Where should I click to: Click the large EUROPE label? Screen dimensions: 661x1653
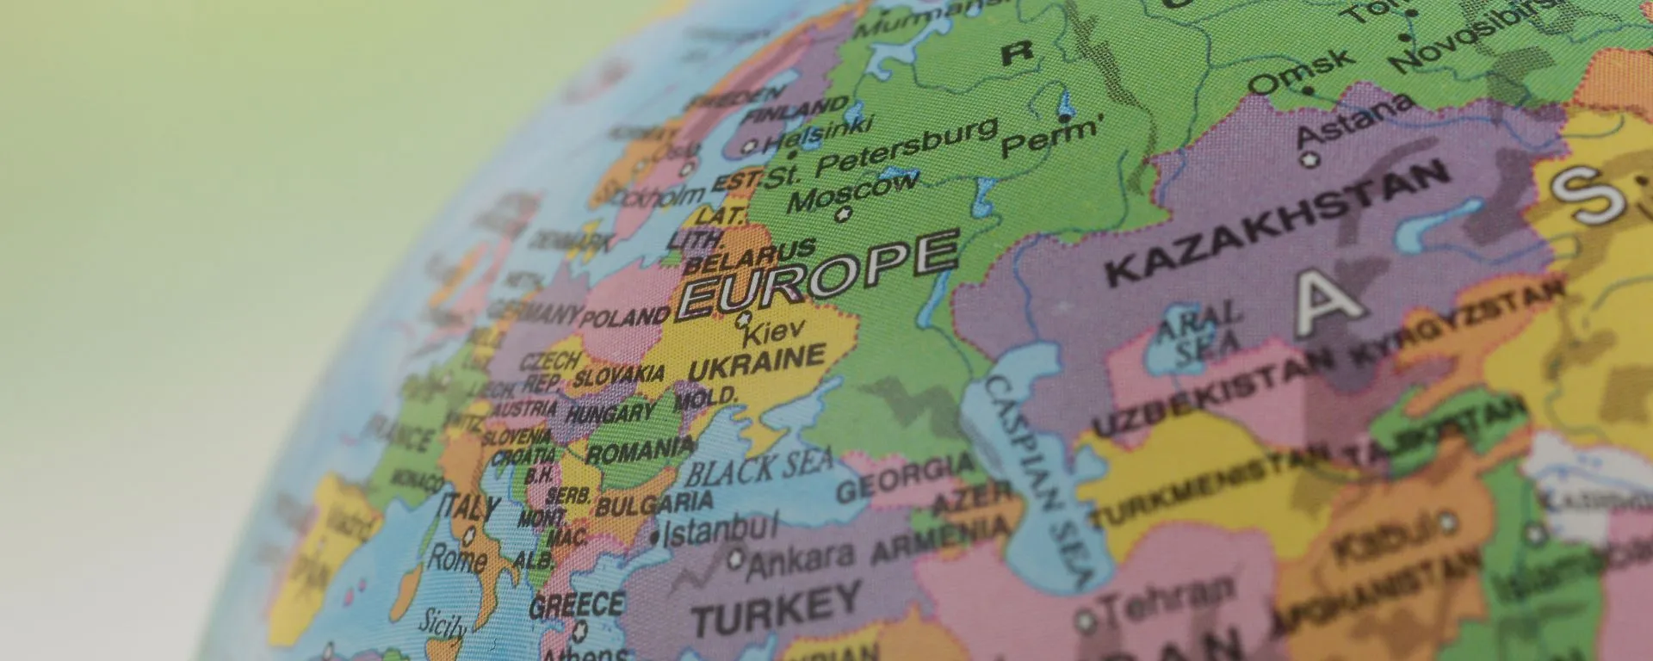point(818,273)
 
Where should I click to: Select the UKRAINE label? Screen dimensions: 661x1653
point(758,362)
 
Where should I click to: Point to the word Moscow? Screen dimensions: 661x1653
point(852,191)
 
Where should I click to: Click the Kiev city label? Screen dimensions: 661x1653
point(774,330)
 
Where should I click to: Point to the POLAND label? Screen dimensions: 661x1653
point(626,318)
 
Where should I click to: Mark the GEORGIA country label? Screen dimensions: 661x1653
point(905,478)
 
